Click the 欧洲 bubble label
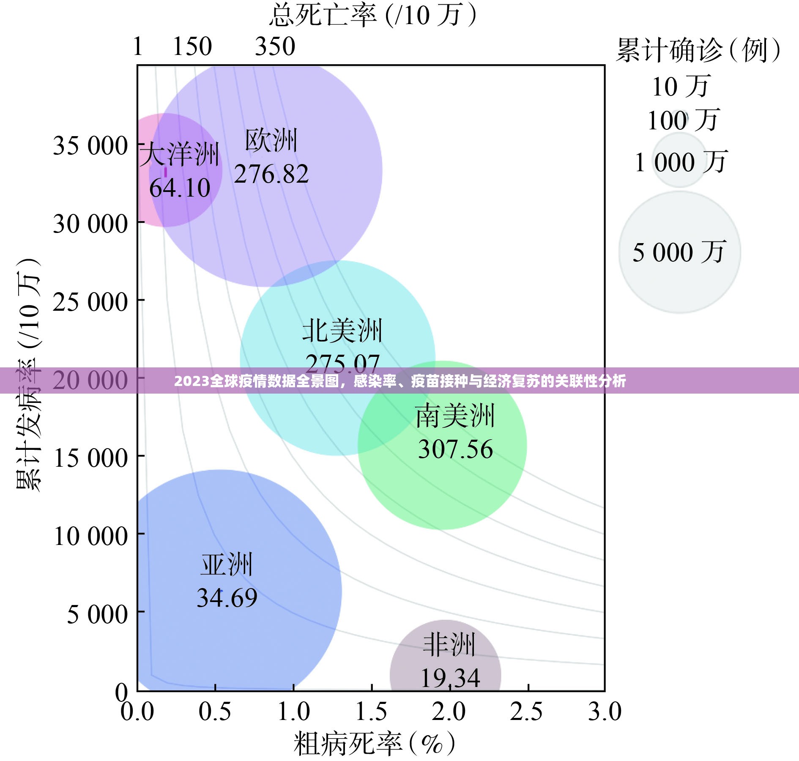click(x=271, y=141)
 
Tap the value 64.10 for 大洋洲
click(x=180, y=188)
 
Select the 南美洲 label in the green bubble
click(x=455, y=416)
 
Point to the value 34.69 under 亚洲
click(x=227, y=598)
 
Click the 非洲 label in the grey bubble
click(x=449, y=645)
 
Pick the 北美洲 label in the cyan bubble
click(x=342, y=331)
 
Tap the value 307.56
click(x=455, y=449)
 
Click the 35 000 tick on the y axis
click(x=90, y=146)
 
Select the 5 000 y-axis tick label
click(x=97, y=614)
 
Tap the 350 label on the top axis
click(x=275, y=47)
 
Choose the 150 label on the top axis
click(x=192, y=47)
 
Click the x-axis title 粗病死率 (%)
click(x=374, y=744)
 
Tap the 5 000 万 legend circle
click(x=679, y=252)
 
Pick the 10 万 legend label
click(x=680, y=87)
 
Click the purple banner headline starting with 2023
click(x=399, y=381)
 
